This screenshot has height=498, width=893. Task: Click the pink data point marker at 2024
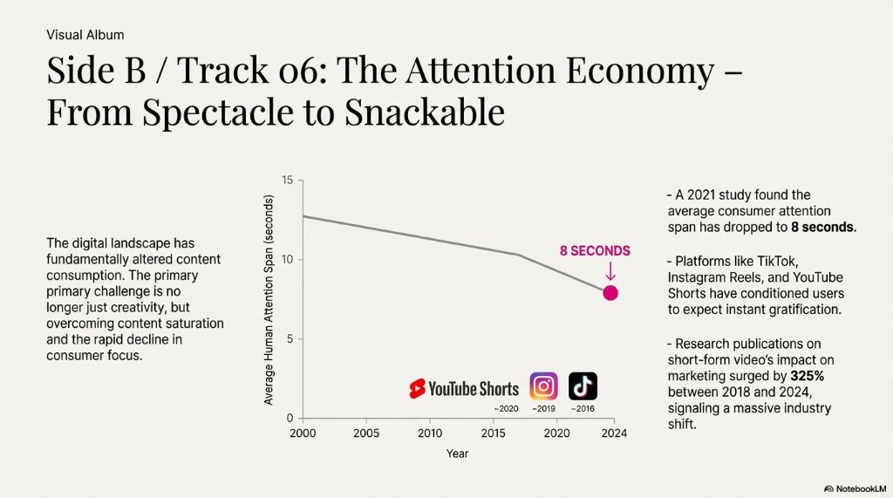(x=610, y=293)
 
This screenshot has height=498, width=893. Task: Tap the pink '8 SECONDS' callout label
(x=595, y=251)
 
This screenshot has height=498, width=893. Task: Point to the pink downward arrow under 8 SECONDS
(x=610, y=271)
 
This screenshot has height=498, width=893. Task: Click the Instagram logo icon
(x=543, y=386)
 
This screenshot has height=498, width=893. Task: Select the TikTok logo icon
(x=583, y=386)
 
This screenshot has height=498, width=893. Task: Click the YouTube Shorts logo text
(x=464, y=389)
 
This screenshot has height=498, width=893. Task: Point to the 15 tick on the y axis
(x=289, y=180)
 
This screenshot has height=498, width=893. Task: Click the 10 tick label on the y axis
(x=289, y=260)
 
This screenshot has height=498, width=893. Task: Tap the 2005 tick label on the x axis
(x=366, y=433)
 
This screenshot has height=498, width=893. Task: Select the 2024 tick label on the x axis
(x=614, y=433)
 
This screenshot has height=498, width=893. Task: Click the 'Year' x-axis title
(x=457, y=454)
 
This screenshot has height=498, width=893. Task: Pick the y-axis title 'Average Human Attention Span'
(x=269, y=300)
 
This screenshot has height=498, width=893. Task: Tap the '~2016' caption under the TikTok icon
(x=583, y=408)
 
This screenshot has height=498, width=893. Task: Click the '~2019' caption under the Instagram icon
(x=543, y=408)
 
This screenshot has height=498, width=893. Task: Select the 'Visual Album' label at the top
(x=85, y=35)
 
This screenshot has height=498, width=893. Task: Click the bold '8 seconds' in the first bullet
(x=822, y=227)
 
